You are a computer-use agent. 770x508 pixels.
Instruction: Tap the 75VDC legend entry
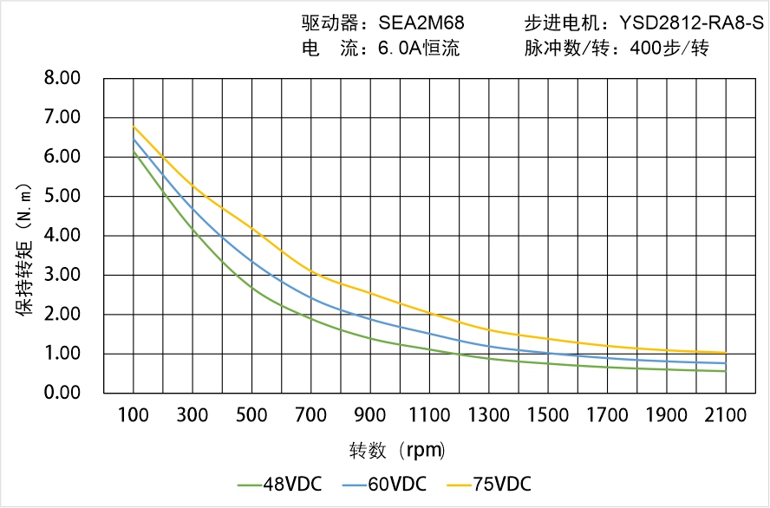[489, 484]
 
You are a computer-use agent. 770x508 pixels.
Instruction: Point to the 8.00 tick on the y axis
[62, 78]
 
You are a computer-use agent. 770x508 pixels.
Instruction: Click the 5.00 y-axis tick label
[62, 196]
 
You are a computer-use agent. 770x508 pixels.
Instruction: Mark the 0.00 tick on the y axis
[62, 393]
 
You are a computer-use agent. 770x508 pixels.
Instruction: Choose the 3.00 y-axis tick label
[62, 275]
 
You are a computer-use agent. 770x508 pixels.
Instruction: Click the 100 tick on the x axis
[133, 415]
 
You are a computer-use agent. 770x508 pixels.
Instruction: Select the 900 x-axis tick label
[370, 415]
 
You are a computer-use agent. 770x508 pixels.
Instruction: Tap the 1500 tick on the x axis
[548, 415]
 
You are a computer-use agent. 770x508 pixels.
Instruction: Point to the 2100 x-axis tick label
[726, 415]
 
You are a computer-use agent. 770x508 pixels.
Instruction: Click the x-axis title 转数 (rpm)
[397, 451]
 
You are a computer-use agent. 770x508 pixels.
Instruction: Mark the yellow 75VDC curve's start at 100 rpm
[134, 127]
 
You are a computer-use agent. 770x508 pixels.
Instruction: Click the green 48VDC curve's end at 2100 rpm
[726, 371]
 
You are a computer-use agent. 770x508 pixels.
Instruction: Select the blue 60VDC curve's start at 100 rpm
[134, 139]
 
